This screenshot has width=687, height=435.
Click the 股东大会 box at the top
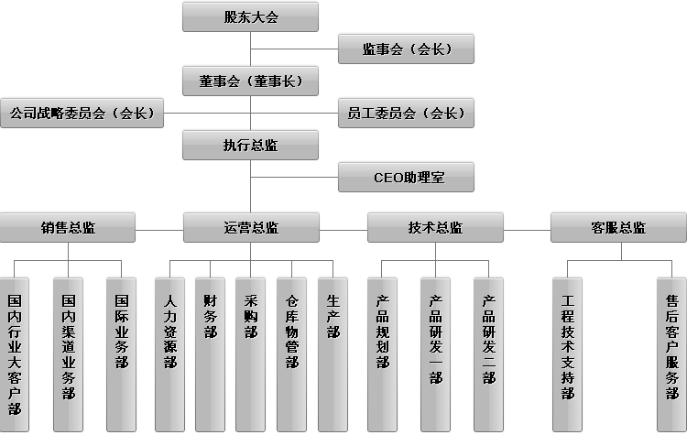tap(250, 16)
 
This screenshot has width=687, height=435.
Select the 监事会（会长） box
tap(406, 49)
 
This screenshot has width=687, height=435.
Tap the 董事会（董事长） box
tap(250, 81)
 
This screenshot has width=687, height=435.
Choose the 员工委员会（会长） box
tap(406, 114)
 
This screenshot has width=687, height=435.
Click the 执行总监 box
tap(250, 145)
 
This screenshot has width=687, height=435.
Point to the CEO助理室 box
tap(406, 177)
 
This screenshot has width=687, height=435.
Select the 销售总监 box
tap(68, 227)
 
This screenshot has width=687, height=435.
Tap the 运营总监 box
tap(251, 227)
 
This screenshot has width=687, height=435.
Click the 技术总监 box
tap(435, 227)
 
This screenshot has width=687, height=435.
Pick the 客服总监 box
tap(618, 227)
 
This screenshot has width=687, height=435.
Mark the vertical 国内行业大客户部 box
tap(15, 353)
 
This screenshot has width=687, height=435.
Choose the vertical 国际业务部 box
tap(121, 353)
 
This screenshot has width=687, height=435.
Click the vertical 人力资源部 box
tap(169, 353)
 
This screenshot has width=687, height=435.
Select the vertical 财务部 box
tap(210, 353)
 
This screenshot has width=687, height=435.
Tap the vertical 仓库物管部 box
tap(291, 353)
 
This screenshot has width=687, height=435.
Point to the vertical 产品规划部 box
tap(383, 353)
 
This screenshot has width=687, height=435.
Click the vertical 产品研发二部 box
tap(489, 353)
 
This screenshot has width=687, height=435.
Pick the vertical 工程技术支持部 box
tap(568, 353)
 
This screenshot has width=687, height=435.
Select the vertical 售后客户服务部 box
tap(672, 353)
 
